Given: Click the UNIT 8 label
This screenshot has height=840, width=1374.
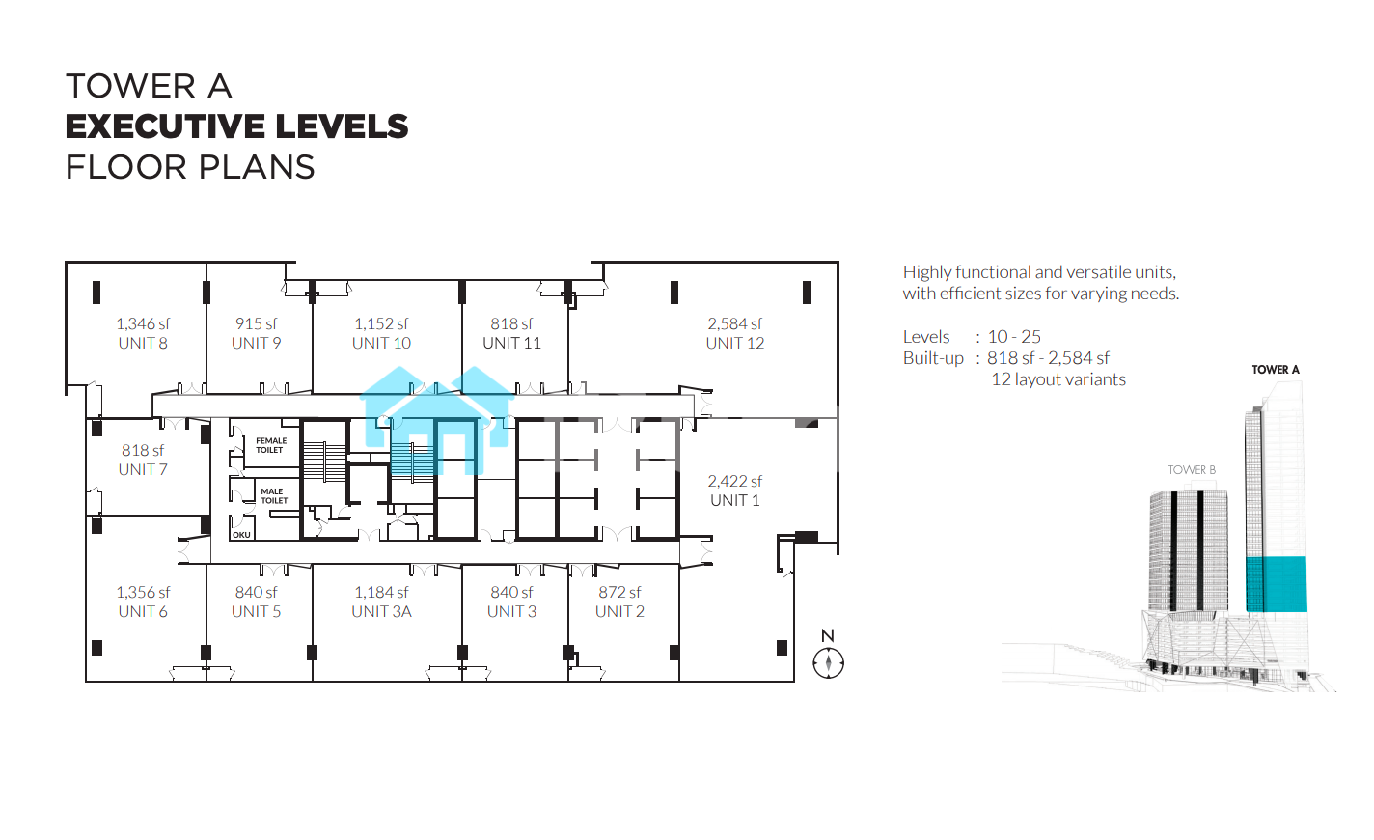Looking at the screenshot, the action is pyautogui.click(x=143, y=343).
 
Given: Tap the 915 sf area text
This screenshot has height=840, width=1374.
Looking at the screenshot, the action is pyautogui.click(x=257, y=323).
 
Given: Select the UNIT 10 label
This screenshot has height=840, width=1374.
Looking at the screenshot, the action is pyautogui.click(x=381, y=343).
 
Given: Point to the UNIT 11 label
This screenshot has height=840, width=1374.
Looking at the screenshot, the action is pyautogui.click(x=511, y=343).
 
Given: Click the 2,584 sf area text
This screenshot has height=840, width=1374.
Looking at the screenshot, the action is pyautogui.click(x=735, y=323).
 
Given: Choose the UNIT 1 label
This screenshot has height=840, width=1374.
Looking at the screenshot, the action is pyautogui.click(x=735, y=501).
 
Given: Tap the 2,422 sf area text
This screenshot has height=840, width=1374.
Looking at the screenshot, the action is pyautogui.click(x=735, y=481).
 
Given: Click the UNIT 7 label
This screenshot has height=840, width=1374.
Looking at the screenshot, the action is pyautogui.click(x=143, y=470).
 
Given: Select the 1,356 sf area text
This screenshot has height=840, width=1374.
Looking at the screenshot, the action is pyautogui.click(x=143, y=592).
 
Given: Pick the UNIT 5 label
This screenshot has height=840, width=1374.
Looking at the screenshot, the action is pyautogui.click(x=257, y=612).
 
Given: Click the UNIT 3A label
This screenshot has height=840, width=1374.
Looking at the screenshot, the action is pyautogui.click(x=381, y=612).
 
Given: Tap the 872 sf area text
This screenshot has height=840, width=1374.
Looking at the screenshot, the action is pyautogui.click(x=619, y=592).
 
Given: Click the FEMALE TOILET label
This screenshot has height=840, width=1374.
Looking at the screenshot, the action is pyautogui.click(x=270, y=445).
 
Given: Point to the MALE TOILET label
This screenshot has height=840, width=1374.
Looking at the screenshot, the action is pyautogui.click(x=274, y=495).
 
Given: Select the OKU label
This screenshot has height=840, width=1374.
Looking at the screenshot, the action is pyautogui.click(x=241, y=535).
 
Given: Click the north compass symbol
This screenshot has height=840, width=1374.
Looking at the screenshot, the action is pyautogui.click(x=828, y=662).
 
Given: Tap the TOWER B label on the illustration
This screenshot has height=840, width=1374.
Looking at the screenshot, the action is pyautogui.click(x=1192, y=470).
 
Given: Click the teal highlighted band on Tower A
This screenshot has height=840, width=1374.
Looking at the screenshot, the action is pyautogui.click(x=1276, y=584).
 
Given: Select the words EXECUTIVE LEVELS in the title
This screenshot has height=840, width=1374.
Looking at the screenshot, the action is pyautogui.click(x=236, y=126).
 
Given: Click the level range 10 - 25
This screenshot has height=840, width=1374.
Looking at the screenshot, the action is pyautogui.click(x=1014, y=337).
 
